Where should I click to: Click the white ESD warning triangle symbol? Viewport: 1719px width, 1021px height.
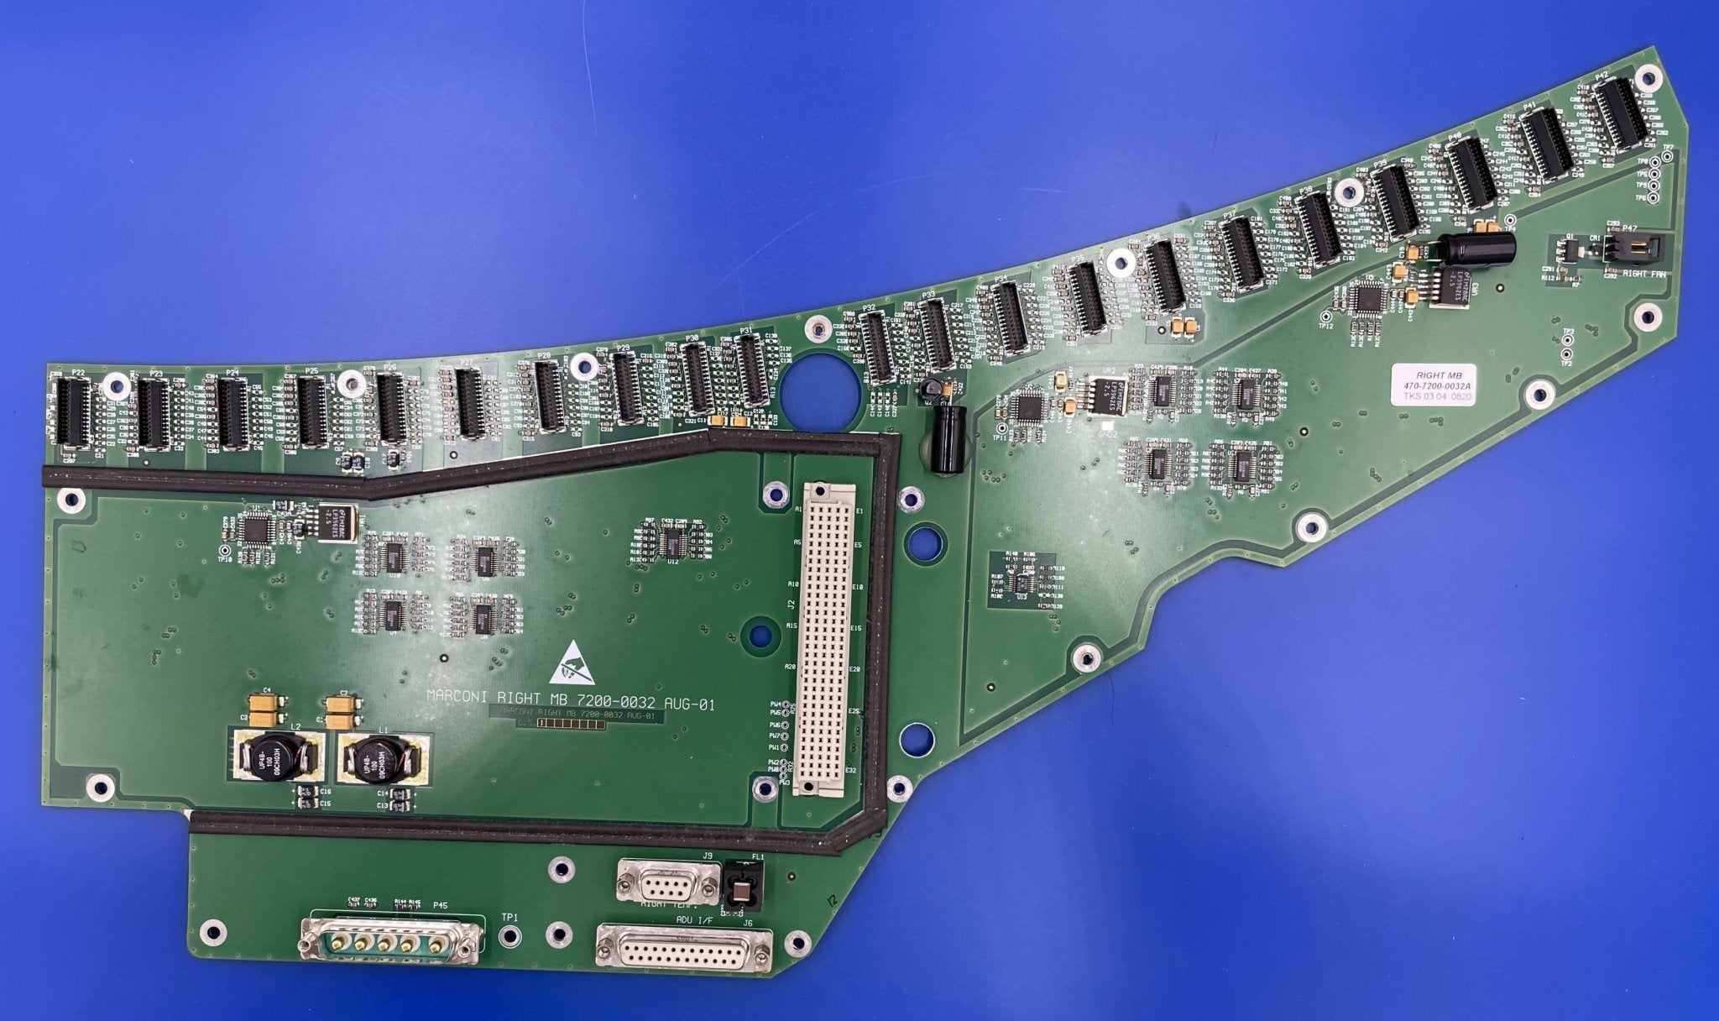(x=571, y=663)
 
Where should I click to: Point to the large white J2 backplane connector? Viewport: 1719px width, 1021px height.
(x=826, y=638)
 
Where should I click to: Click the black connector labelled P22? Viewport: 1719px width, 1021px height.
(x=72, y=411)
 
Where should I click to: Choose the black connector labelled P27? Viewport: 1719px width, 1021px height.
(x=468, y=403)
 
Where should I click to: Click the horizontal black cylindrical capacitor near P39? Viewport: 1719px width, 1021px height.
(x=1474, y=248)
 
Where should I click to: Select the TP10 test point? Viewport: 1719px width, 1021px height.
(x=224, y=549)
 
